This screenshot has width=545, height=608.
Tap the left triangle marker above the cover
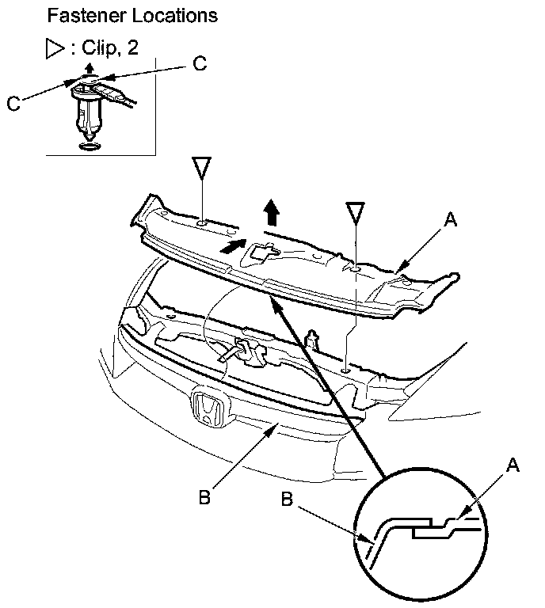click(204, 169)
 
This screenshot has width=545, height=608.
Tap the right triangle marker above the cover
click(356, 211)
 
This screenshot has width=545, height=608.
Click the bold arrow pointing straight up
click(271, 212)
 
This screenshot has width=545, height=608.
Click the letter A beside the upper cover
click(451, 222)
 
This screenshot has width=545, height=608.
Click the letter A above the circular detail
click(513, 466)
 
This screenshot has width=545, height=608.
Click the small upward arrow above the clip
click(89, 71)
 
